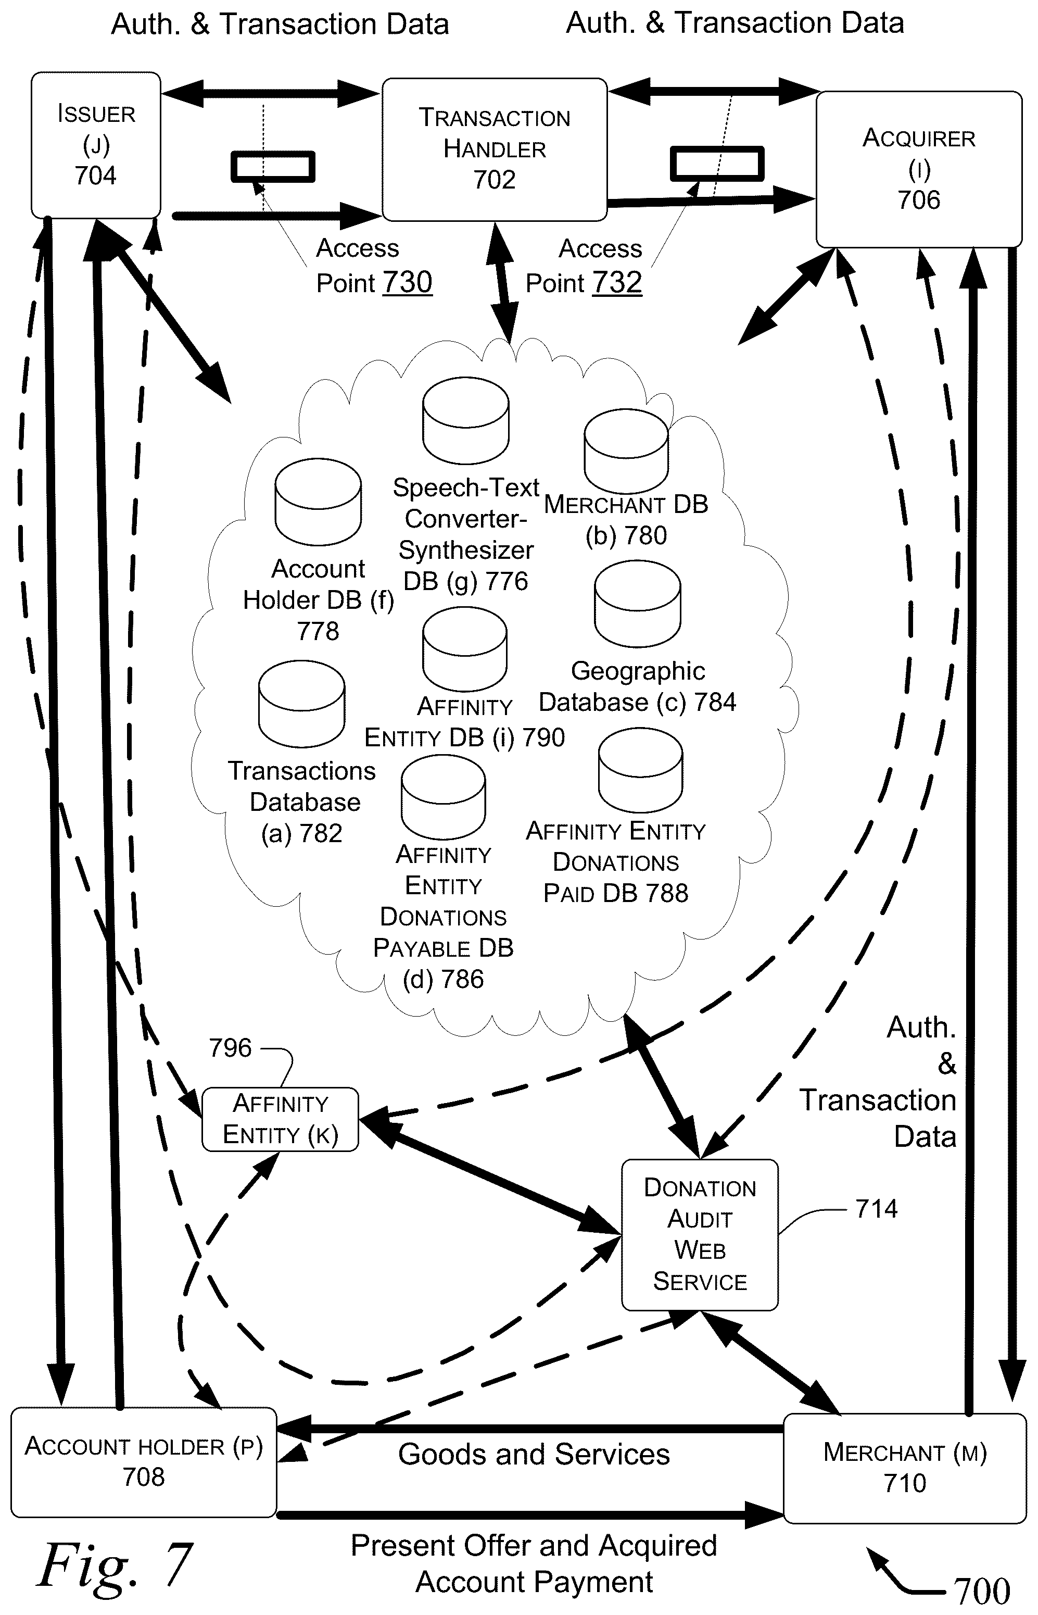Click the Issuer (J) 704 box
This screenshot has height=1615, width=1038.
pyautogui.click(x=96, y=145)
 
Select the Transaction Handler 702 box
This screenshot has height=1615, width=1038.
pyautogui.click(x=495, y=149)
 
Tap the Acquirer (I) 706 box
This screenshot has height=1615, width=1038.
pyautogui.click(x=919, y=169)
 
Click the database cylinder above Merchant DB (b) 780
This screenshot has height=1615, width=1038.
pyautogui.click(x=626, y=451)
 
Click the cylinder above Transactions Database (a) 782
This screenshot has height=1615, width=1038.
pyautogui.click(x=301, y=704)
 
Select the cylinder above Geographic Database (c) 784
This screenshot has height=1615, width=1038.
pyautogui.click(x=638, y=604)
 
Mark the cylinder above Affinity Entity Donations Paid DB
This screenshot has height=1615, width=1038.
pyautogui.click(x=640, y=770)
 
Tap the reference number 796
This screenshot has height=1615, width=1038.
pyautogui.click(x=230, y=1048)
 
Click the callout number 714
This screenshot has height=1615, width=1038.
pyautogui.click(x=876, y=1209)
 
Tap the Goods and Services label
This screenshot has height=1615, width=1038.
pyautogui.click(x=534, y=1455)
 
